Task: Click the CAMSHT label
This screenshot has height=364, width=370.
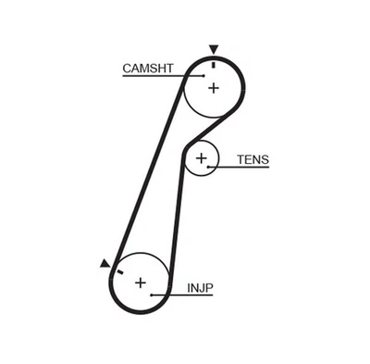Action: coord(146,67)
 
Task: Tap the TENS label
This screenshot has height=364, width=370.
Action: coord(252,159)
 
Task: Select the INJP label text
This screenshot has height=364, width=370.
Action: coord(200,288)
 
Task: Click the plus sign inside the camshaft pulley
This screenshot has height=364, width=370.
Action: coord(214,88)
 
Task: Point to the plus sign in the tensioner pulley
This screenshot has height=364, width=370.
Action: coord(201,159)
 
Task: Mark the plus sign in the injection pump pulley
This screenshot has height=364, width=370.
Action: coord(141,282)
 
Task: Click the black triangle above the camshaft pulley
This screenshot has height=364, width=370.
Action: coord(215,49)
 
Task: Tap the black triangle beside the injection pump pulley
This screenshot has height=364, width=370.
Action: coord(105,264)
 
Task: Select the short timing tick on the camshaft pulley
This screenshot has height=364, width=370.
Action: coord(214,64)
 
